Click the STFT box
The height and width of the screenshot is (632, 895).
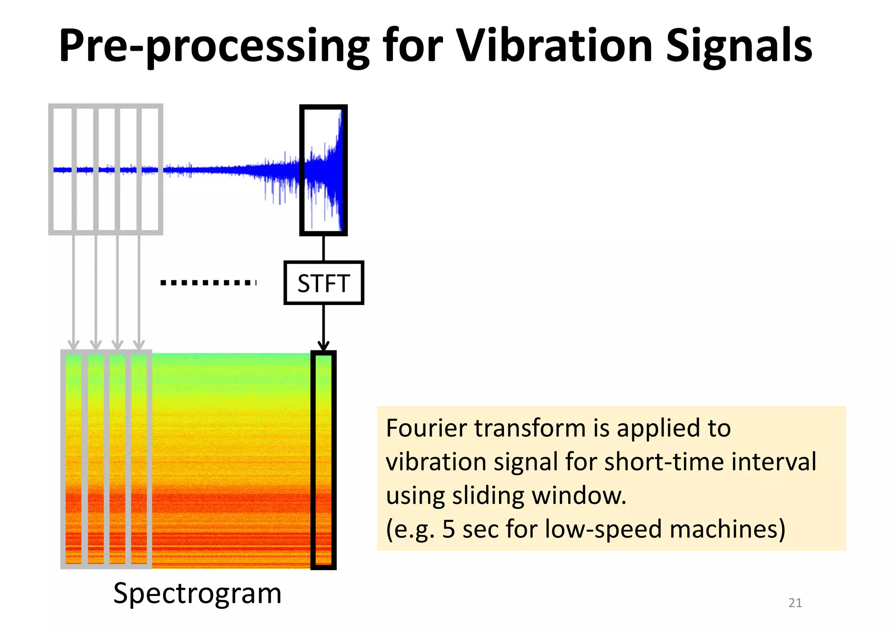pyautogui.click(x=323, y=283)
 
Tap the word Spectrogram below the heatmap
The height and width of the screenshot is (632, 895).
pyautogui.click(x=197, y=594)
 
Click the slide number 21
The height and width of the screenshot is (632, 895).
pyautogui.click(x=795, y=603)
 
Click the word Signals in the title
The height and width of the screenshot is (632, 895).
pyautogui.click(x=739, y=46)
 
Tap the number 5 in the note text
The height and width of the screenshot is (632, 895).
pyautogui.click(x=448, y=529)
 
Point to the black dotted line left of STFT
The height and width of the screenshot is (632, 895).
pyautogui.click(x=208, y=283)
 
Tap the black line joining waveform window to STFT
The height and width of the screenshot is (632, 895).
pyautogui.click(x=323, y=248)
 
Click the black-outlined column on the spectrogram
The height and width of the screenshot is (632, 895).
pyautogui.click(x=323, y=460)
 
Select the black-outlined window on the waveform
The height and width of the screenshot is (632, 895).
pyautogui.click(x=323, y=170)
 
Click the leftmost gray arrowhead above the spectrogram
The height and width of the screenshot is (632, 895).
pyautogui.click(x=74, y=345)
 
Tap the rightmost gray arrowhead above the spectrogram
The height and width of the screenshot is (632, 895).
pyautogui.click(x=139, y=345)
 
